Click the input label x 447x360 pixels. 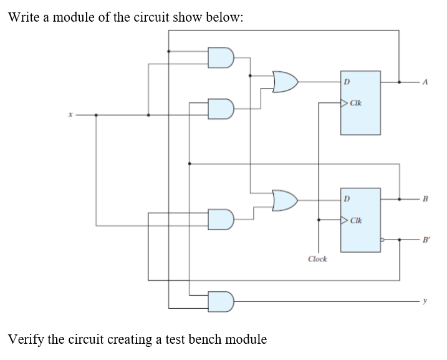pos(72,115)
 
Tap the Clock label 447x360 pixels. pos(317,258)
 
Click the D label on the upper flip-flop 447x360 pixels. pos(347,80)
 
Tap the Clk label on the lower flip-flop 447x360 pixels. pos(357,220)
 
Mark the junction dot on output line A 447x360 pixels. pos(399,81)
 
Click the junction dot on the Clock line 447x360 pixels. pos(319,220)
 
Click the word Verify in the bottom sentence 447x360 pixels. pos(26,339)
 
